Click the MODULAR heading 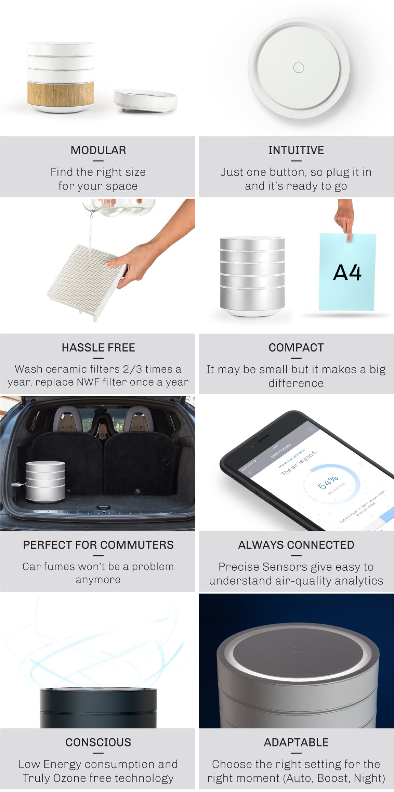[x=98, y=150]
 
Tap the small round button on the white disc [x=298, y=68]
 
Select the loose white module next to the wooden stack [x=145, y=100]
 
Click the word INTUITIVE [x=296, y=150]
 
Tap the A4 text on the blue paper [x=347, y=273]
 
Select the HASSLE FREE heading [x=98, y=348]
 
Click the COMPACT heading [x=296, y=348]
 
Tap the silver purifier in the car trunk [x=45, y=481]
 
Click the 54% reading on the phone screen [x=328, y=482]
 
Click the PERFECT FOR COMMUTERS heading [x=98, y=545]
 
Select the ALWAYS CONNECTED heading [x=296, y=545]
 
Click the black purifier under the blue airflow [x=98, y=708]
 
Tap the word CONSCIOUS [x=98, y=742]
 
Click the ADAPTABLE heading [x=296, y=742]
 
